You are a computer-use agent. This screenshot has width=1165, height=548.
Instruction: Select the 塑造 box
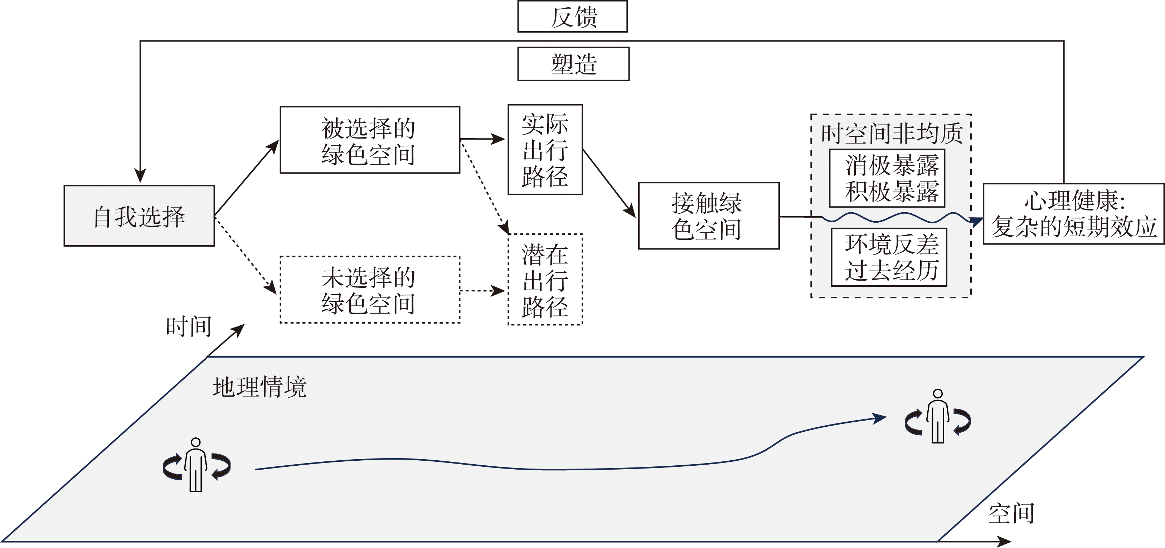(x=573, y=64)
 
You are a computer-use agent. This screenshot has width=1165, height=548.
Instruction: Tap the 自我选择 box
(x=139, y=216)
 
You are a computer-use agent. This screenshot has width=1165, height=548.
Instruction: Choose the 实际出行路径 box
(x=545, y=150)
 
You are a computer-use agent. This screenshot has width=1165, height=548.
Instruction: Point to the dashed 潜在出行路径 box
(x=545, y=280)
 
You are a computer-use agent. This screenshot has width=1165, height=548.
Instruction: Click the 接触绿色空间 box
(x=708, y=216)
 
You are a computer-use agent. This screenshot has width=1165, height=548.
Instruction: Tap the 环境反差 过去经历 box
(x=889, y=257)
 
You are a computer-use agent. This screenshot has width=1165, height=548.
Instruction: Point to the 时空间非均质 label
(x=892, y=134)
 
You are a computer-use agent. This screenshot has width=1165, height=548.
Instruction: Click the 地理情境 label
(x=259, y=387)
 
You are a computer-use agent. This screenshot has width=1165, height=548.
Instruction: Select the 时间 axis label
(x=189, y=326)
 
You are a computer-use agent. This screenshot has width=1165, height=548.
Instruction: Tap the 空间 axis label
(x=1011, y=514)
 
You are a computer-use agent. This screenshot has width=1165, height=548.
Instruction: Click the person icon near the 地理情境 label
(x=196, y=465)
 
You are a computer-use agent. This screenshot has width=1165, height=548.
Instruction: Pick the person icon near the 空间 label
(x=937, y=416)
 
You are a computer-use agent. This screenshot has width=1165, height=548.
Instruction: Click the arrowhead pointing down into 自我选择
(x=140, y=175)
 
